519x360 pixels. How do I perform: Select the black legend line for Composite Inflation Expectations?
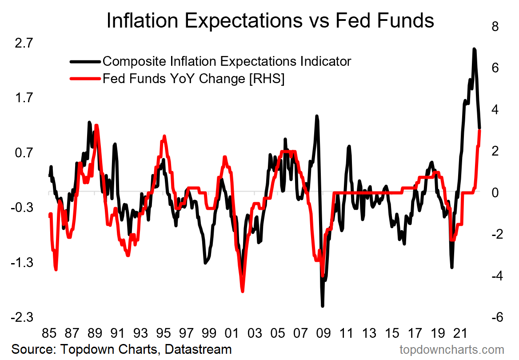click(85, 61)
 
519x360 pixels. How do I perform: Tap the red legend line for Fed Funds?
click(85, 79)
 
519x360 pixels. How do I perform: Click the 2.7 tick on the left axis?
click(24, 44)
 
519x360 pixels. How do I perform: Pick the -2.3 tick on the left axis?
click(23, 318)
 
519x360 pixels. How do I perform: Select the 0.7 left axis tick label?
click(24, 153)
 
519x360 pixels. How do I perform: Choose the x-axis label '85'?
click(49, 333)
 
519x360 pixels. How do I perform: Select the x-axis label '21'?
click(459, 333)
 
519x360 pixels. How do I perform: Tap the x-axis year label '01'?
click(232, 333)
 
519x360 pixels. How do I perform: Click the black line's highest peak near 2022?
click(474, 49)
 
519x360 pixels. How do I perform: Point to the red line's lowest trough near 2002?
click(243, 291)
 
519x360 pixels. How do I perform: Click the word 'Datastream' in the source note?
click(198, 349)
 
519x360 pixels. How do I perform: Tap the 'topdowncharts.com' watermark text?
click(452, 349)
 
